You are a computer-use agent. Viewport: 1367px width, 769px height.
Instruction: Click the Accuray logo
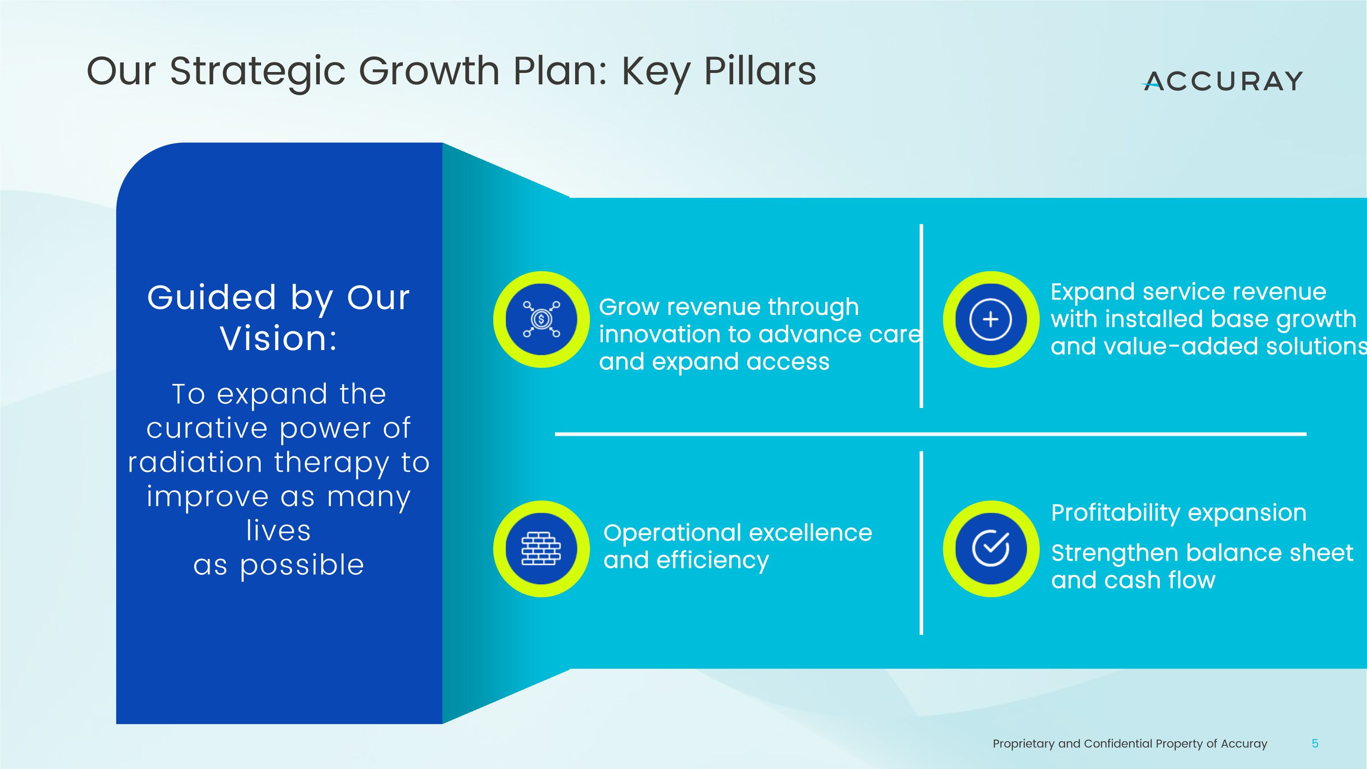1222,81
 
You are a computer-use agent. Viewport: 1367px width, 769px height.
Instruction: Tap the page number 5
1315,743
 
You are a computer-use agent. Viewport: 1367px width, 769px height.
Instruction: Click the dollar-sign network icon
541,319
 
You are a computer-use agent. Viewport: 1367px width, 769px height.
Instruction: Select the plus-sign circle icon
990,319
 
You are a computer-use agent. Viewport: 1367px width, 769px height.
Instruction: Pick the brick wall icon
541,548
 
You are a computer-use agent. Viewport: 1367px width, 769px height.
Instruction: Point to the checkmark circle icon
990,548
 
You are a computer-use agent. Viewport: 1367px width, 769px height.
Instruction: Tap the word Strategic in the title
257,72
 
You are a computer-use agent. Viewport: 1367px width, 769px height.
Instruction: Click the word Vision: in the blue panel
278,338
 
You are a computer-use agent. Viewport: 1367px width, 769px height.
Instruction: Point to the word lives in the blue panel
278,530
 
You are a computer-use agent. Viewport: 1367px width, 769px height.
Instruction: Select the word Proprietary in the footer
1024,744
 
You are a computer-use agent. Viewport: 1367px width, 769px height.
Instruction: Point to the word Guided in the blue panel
212,298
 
